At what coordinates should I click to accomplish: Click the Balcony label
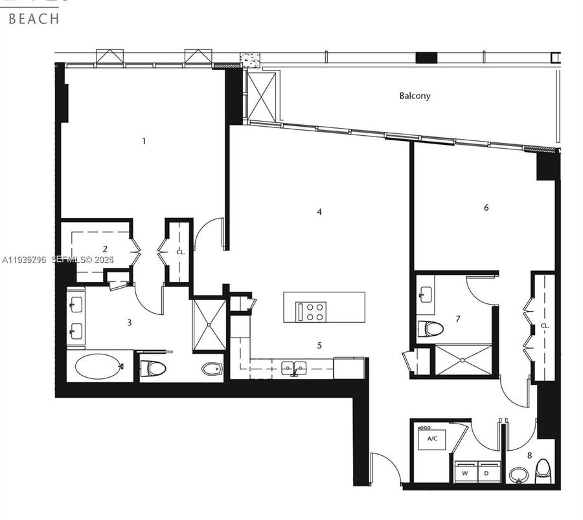point(415,96)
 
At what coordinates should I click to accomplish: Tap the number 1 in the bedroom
point(144,140)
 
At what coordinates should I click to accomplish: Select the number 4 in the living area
point(319,211)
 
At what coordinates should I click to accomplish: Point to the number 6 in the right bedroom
point(486,208)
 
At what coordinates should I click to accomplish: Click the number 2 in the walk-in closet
point(105,248)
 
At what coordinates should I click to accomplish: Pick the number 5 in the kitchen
point(319,345)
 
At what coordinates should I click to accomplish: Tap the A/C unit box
point(431,439)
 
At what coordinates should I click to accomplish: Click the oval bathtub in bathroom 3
point(98,367)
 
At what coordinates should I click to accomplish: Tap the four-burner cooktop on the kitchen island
point(315,312)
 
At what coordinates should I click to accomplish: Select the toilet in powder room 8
point(543,471)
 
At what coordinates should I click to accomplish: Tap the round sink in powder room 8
point(519,475)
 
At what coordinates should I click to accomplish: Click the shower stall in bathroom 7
point(463,360)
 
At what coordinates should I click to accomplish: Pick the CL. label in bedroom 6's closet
point(545,326)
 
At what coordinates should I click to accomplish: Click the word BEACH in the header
point(34,18)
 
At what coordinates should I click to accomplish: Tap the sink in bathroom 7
point(426,294)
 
